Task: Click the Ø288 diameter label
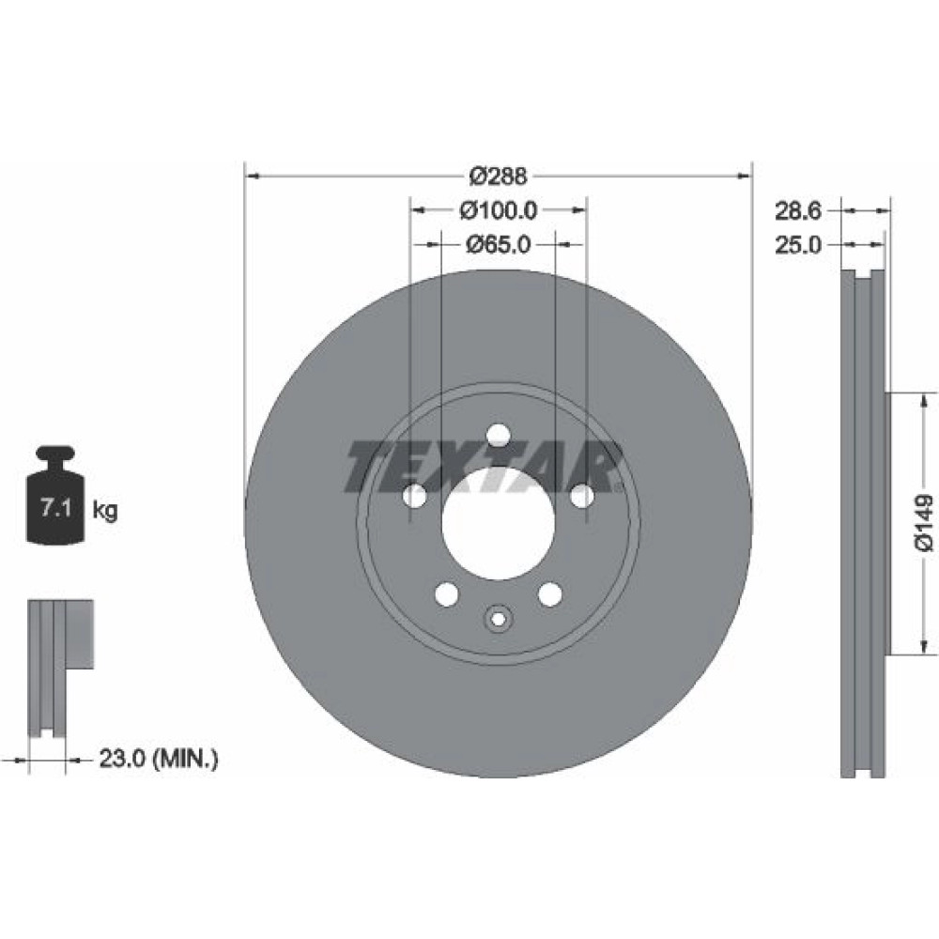click(x=499, y=177)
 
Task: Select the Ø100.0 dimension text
click(x=499, y=210)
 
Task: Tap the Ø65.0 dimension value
click(x=499, y=244)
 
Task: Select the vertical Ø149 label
click(x=923, y=522)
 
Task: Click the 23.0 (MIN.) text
click(x=159, y=760)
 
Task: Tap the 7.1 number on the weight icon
click(x=55, y=509)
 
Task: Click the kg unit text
click(x=105, y=511)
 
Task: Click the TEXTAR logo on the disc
click(x=483, y=467)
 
